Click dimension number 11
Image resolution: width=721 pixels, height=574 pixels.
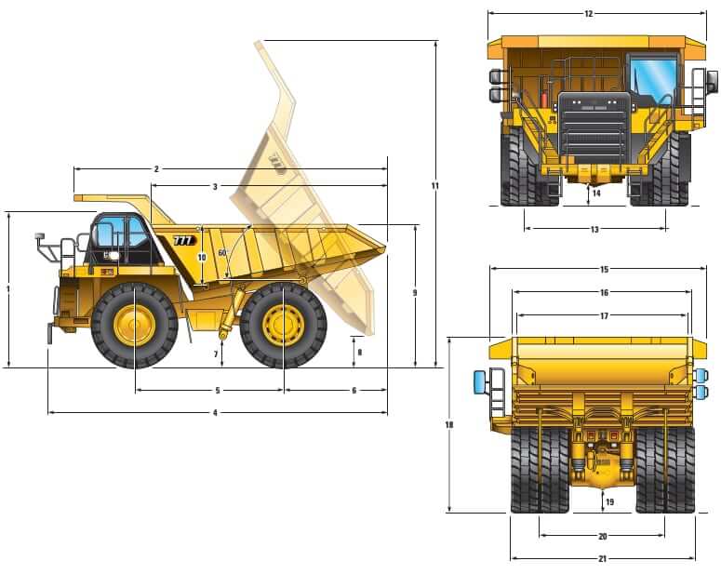tap(434, 186)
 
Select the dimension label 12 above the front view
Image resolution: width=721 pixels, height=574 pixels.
tap(589, 14)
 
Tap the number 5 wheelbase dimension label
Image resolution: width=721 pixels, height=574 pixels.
tap(218, 391)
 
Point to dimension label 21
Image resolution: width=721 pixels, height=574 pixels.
tap(602, 559)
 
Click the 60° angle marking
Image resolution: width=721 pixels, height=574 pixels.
tap(222, 253)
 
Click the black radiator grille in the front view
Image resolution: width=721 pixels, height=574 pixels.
tap(594, 127)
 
